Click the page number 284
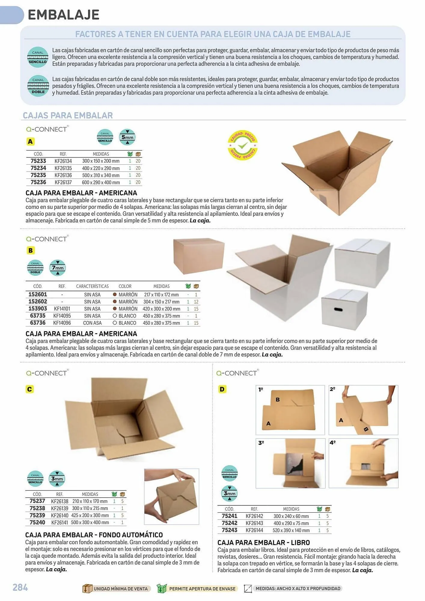pyautogui.click(x=20, y=587)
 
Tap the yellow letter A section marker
pyautogui.click(x=30, y=142)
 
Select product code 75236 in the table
pyautogui.click(x=38, y=182)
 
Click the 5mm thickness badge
pyautogui.click(x=127, y=137)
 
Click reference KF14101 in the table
pyautogui.click(x=62, y=309)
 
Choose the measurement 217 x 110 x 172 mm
pyautogui.click(x=161, y=295)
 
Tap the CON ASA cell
pyautogui.click(x=92, y=323)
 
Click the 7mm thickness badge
pyautogui.click(x=57, y=268)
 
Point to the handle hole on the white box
pyautogui.click(x=338, y=309)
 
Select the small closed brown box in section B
pyautogui.click(x=199, y=256)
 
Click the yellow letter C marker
pyautogui.click(x=29, y=389)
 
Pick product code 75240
pyautogui.click(x=37, y=523)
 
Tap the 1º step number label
pyautogui.click(x=261, y=389)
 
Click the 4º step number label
pyautogui.click(x=332, y=443)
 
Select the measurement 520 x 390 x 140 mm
pyautogui.click(x=291, y=530)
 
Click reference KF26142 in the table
pyautogui.click(x=254, y=516)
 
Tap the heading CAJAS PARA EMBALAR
pyautogui.click(x=68, y=115)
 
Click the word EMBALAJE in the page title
pyautogui.click(x=63, y=15)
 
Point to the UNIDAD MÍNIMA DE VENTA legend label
pyautogui.click(x=121, y=589)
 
